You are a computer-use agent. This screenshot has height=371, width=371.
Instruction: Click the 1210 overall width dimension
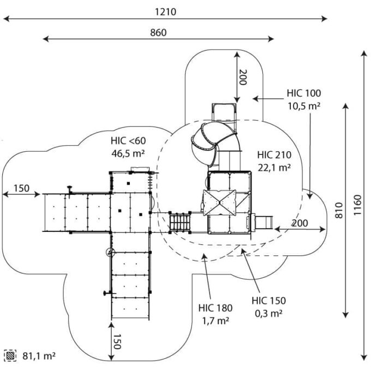(165, 12)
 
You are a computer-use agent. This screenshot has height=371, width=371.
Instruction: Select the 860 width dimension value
(158, 32)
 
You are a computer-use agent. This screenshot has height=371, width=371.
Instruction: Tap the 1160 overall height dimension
(357, 205)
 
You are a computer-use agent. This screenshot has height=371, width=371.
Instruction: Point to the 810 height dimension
(339, 210)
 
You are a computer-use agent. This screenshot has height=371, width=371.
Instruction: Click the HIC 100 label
(304, 93)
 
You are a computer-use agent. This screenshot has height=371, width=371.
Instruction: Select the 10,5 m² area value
(304, 106)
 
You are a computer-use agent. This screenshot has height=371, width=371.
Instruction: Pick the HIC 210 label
(274, 155)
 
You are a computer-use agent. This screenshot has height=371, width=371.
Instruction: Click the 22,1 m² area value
(274, 167)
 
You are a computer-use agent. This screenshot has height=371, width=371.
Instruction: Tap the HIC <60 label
(128, 141)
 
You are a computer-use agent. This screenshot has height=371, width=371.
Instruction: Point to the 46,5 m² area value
(128, 153)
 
